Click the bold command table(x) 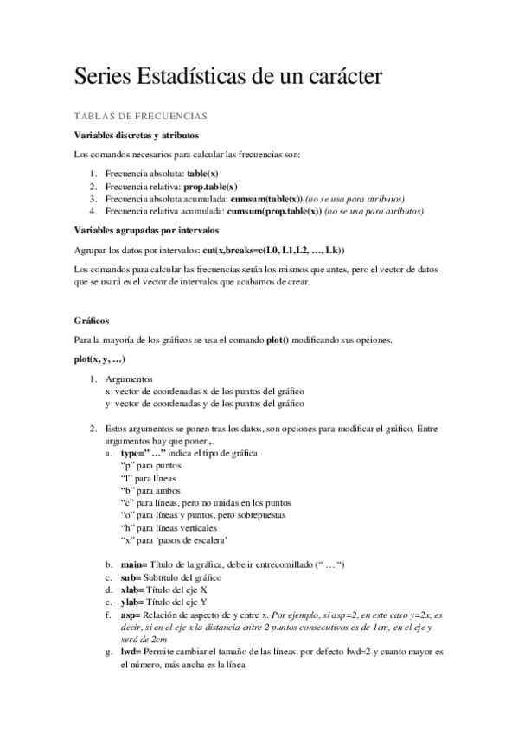click(201, 174)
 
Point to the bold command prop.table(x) click(211, 186)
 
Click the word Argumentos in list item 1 click(128, 379)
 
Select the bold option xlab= click(134, 590)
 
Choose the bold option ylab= click(134, 602)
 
